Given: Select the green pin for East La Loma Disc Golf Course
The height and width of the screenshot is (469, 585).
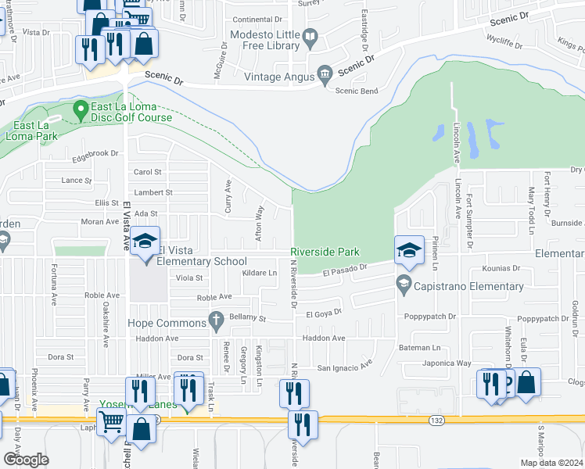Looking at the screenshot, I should [79, 111].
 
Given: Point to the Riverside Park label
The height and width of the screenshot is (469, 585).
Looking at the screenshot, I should [325, 252].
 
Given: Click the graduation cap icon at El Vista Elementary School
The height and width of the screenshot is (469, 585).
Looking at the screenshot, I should [145, 242].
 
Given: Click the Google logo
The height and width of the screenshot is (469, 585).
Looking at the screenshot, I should [26, 459].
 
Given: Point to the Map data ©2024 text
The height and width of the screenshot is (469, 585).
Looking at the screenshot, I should [551, 463].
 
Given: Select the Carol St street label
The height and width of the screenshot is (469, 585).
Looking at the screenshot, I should [147, 172].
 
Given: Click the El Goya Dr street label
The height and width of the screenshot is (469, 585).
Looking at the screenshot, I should [325, 313].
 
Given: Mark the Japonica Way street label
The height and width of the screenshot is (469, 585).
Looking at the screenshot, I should [447, 363].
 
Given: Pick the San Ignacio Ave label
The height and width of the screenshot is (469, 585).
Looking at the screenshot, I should [345, 367].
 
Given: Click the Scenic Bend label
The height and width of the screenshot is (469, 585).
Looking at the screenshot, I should [356, 91].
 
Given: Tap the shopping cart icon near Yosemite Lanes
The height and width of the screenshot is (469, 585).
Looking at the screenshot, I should [112, 421].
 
